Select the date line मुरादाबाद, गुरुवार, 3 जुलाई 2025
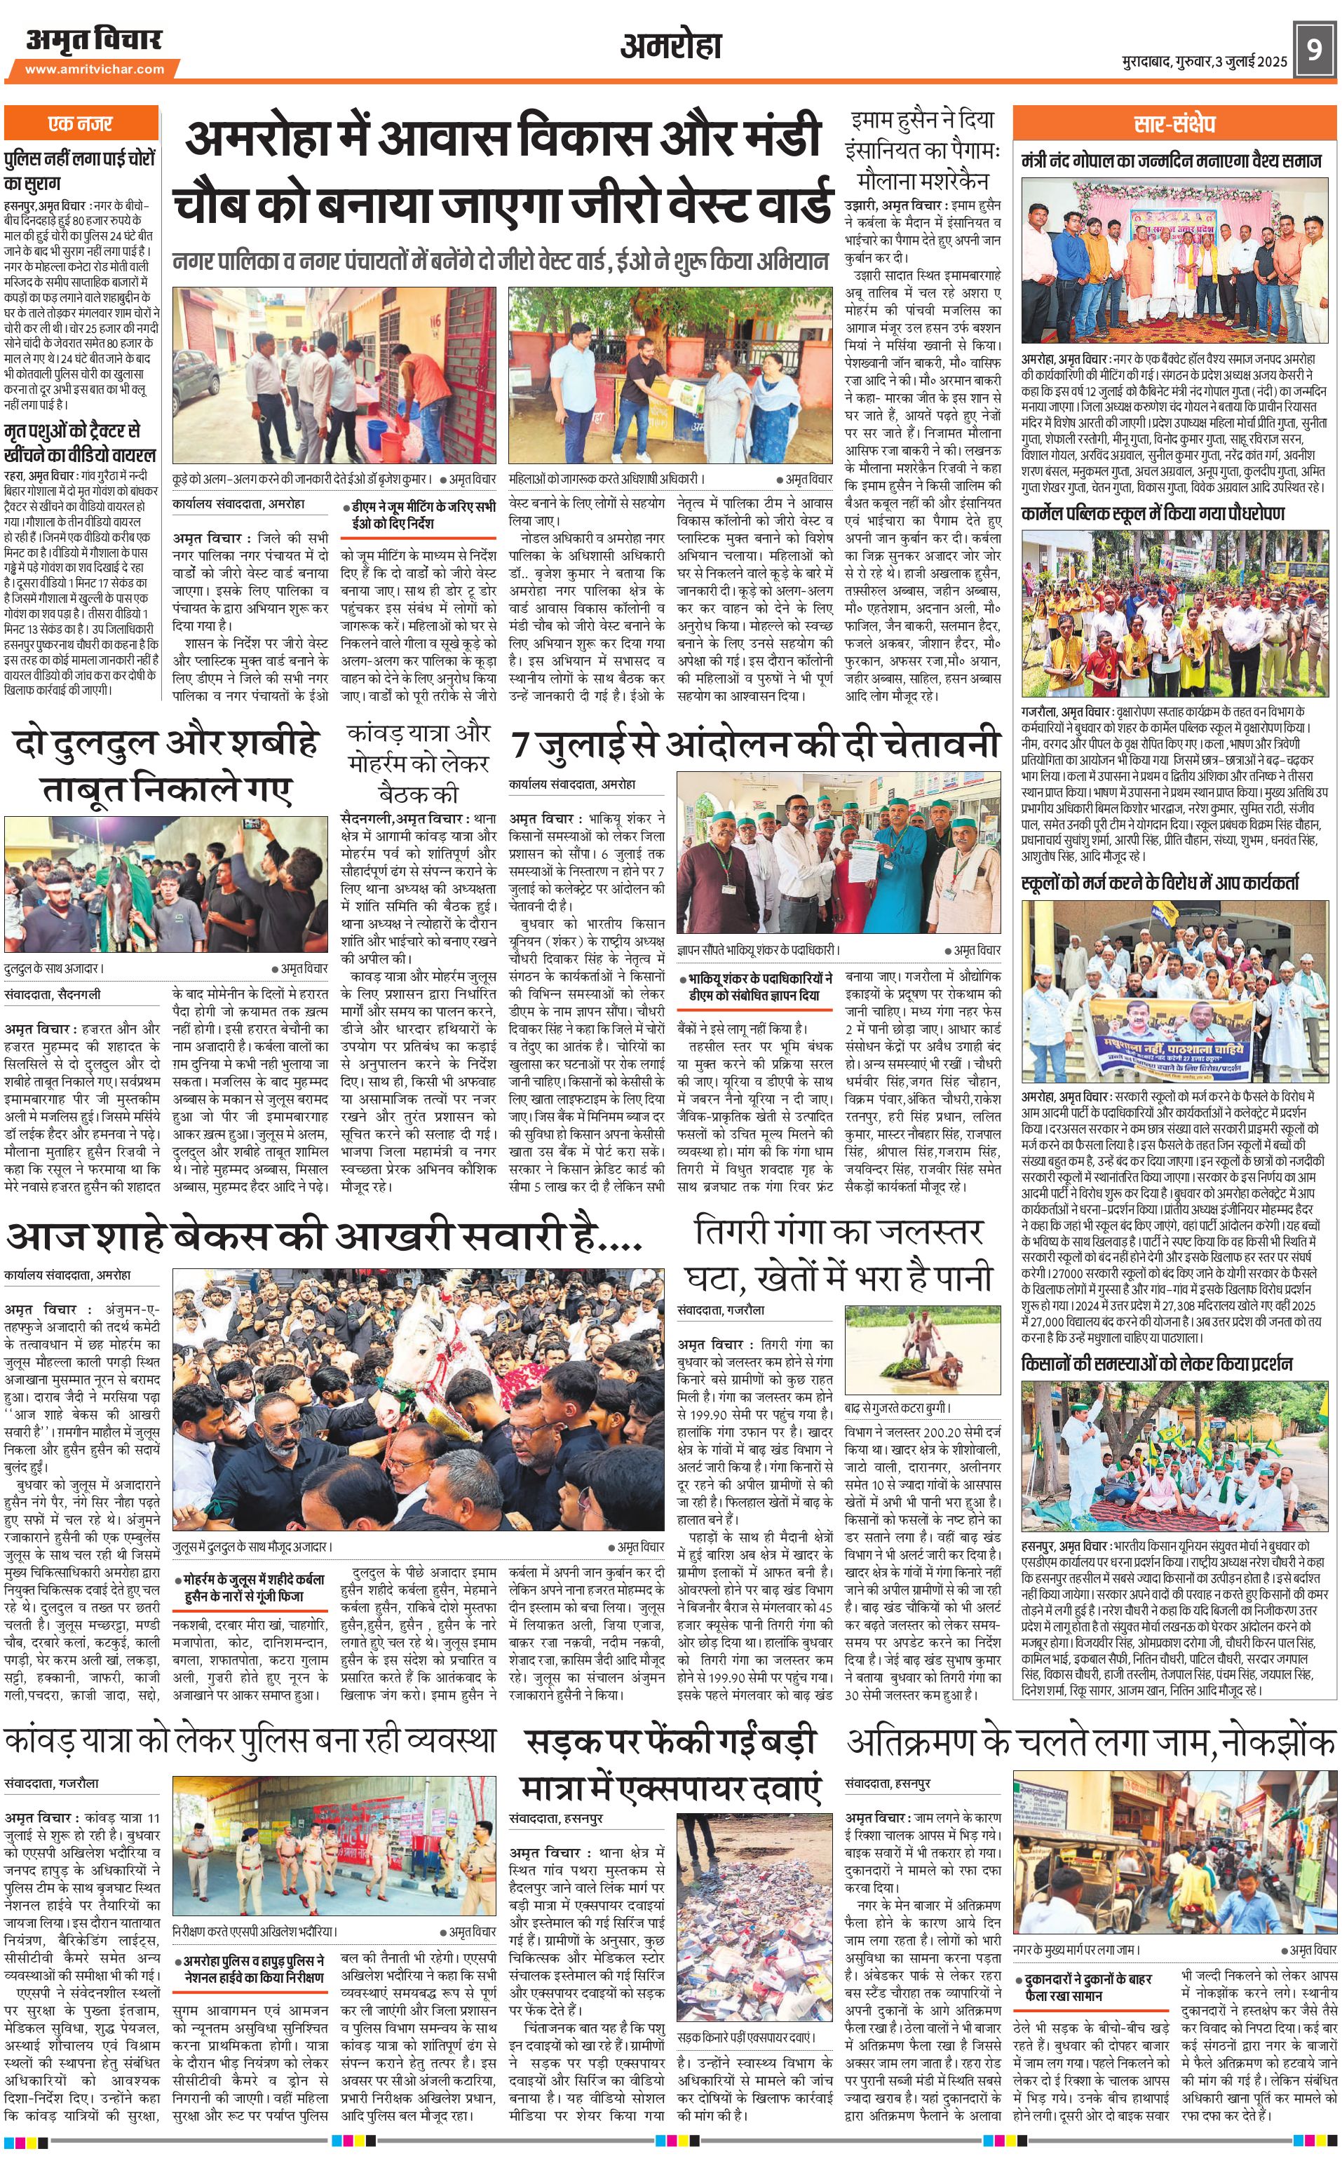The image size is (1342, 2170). coord(1202,61)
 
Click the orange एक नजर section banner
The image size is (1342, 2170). coord(81,123)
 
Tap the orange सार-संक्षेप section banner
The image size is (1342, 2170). coord(1173,123)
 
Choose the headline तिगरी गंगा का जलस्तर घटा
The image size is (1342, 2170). coord(838,1255)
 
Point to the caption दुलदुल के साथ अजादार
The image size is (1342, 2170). coord(53,968)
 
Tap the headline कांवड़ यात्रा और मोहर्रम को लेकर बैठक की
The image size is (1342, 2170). coord(418,762)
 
